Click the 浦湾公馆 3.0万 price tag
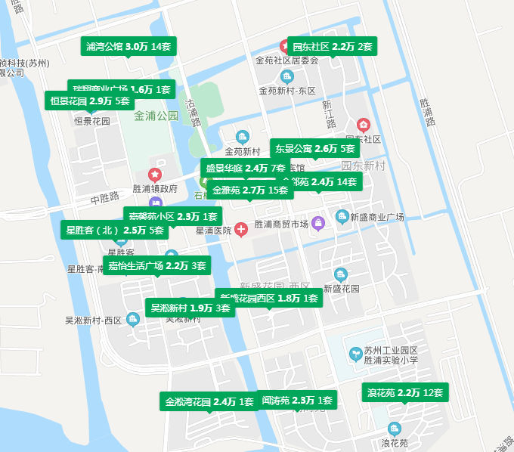pyautogui.click(x=128, y=47)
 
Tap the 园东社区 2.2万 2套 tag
pyautogui.click(x=332, y=47)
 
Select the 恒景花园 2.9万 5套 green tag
pyautogui.click(x=90, y=101)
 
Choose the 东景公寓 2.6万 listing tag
pyautogui.click(x=314, y=149)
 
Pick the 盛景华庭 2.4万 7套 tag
pyautogui.click(x=245, y=168)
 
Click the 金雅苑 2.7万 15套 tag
pyautogui.click(x=251, y=190)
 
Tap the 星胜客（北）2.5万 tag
pyautogui.click(x=115, y=231)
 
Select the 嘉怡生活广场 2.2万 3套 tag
pyautogui.click(x=157, y=266)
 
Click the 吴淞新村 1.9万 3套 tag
pyautogui.click(x=190, y=308)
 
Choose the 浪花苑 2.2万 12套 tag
pyautogui.click(x=404, y=393)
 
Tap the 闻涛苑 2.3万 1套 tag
pyautogui.click(x=296, y=401)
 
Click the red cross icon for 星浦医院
pyautogui.click(x=240, y=228)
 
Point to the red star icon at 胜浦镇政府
pyautogui.click(x=155, y=175)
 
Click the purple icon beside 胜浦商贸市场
pyautogui.click(x=319, y=223)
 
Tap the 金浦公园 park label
pyautogui.click(x=156, y=116)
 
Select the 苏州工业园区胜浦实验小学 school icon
pyautogui.click(x=355, y=354)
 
